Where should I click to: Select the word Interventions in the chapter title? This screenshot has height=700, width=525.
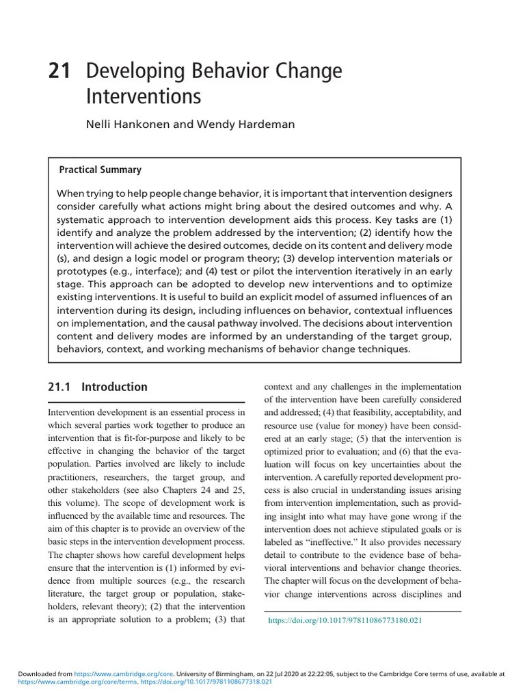(x=144, y=96)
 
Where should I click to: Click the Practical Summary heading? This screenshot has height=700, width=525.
(x=100, y=170)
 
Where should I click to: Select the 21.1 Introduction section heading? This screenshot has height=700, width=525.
(x=98, y=387)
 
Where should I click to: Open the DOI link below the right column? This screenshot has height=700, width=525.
(x=345, y=621)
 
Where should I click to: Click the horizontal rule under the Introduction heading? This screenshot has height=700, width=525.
(x=146, y=401)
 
